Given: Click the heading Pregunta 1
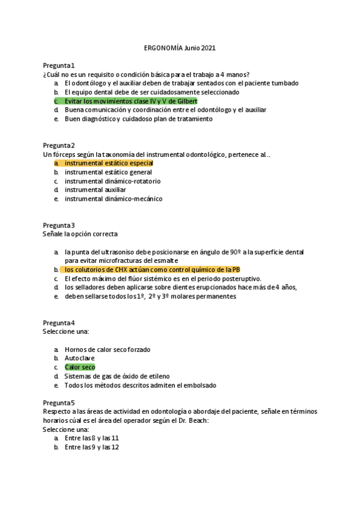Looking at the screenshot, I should coord(58,65).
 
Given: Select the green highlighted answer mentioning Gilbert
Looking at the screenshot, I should coord(130,101).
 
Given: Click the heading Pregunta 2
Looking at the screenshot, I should coord(58,146).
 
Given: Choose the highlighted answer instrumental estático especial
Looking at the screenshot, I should coord(109,163).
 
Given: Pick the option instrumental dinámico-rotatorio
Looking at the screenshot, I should coord(112,181).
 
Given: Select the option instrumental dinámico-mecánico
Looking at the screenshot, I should coord(113,199).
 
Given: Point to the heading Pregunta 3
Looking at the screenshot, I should coord(58,225).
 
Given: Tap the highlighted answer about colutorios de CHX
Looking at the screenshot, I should coord(153,270).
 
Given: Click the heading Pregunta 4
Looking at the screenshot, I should coord(58,323).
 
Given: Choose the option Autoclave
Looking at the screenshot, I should coord(79,358).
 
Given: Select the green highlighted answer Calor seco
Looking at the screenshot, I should coord(79,367).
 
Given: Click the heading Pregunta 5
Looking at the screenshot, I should coord(58,402).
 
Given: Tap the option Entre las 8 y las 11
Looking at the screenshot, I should coord(92,438).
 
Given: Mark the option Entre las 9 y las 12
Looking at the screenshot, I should coord(92,447).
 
